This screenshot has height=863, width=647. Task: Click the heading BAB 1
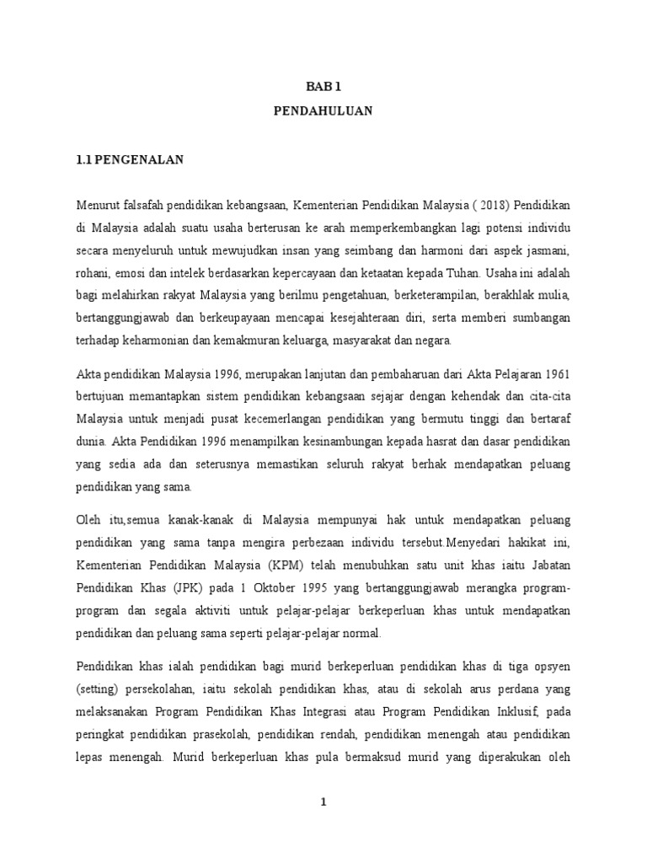pos(323,85)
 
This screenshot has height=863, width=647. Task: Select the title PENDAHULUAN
pos(323,110)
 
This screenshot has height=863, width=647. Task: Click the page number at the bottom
pos(323,802)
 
